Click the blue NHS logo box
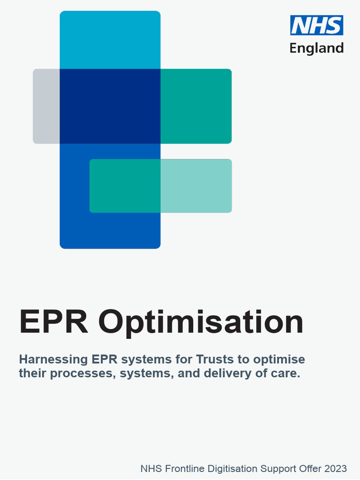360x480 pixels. coord(317,25)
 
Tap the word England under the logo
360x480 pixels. coord(316,48)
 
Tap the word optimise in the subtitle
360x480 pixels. coord(278,360)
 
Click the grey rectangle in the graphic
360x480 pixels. coord(46,106)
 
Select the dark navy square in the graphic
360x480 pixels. coord(110,106)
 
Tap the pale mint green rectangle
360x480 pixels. coord(196,186)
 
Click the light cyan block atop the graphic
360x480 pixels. coord(110,40)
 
